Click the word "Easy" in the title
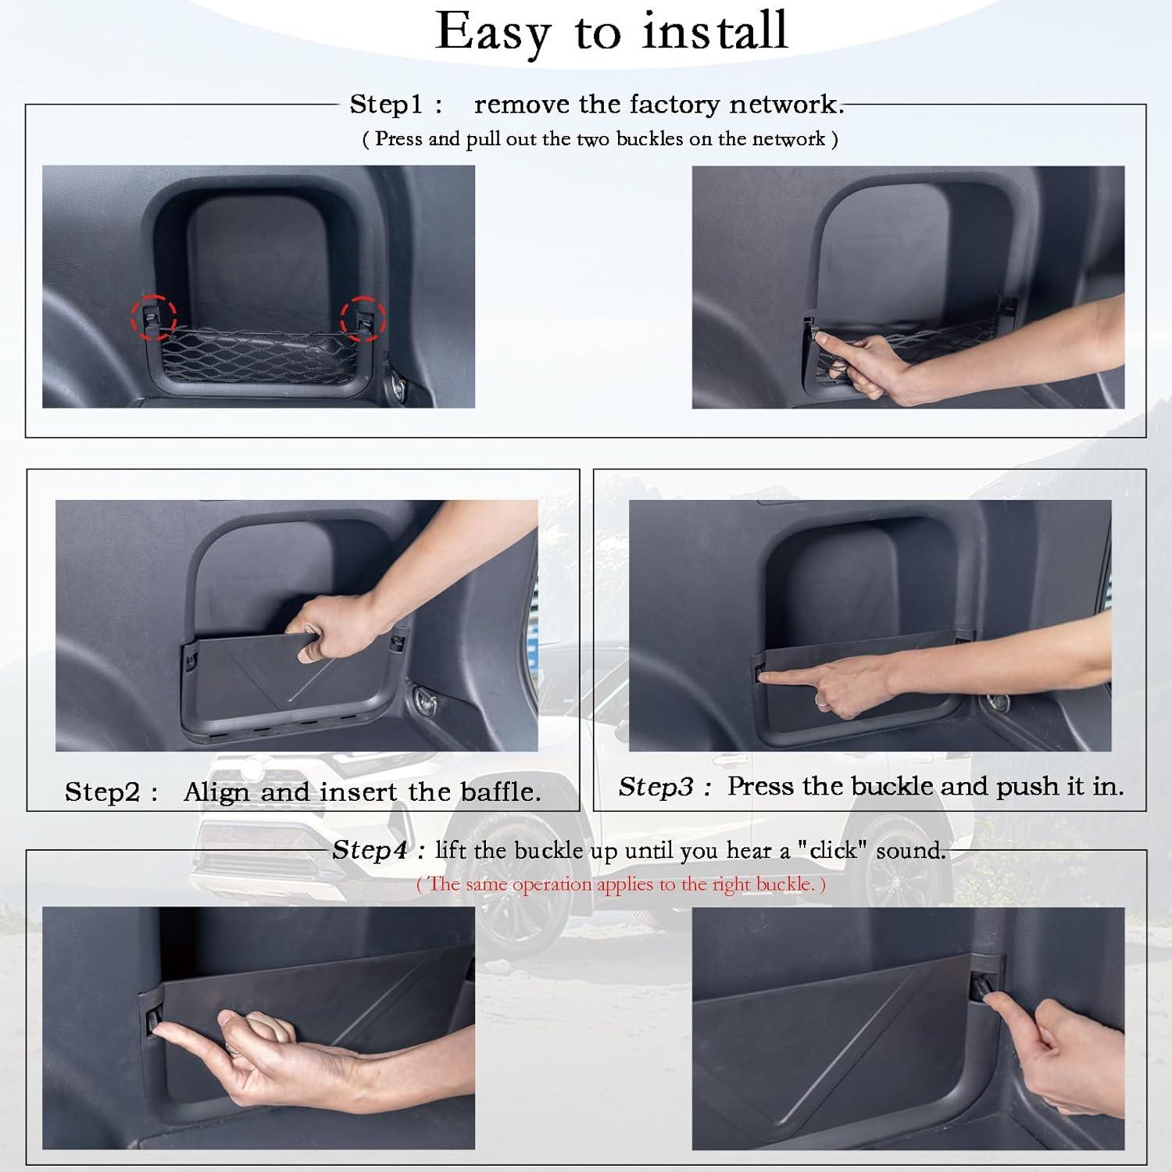click(493, 34)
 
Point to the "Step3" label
click(655, 787)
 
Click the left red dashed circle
click(153, 317)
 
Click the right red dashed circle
click(363, 318)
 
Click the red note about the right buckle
click(620, 884)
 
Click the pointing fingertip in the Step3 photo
click(764, 677)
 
